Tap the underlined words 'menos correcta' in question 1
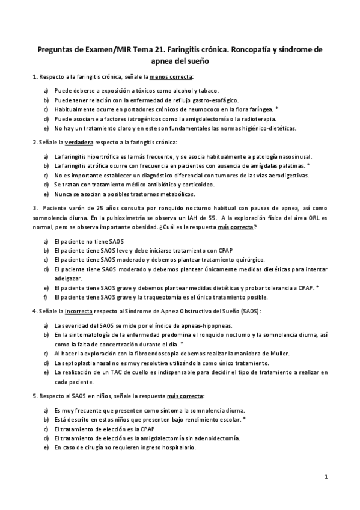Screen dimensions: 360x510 point(171,78)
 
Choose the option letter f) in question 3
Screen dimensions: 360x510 point(46,296)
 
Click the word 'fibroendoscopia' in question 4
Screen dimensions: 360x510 point(146,354)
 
